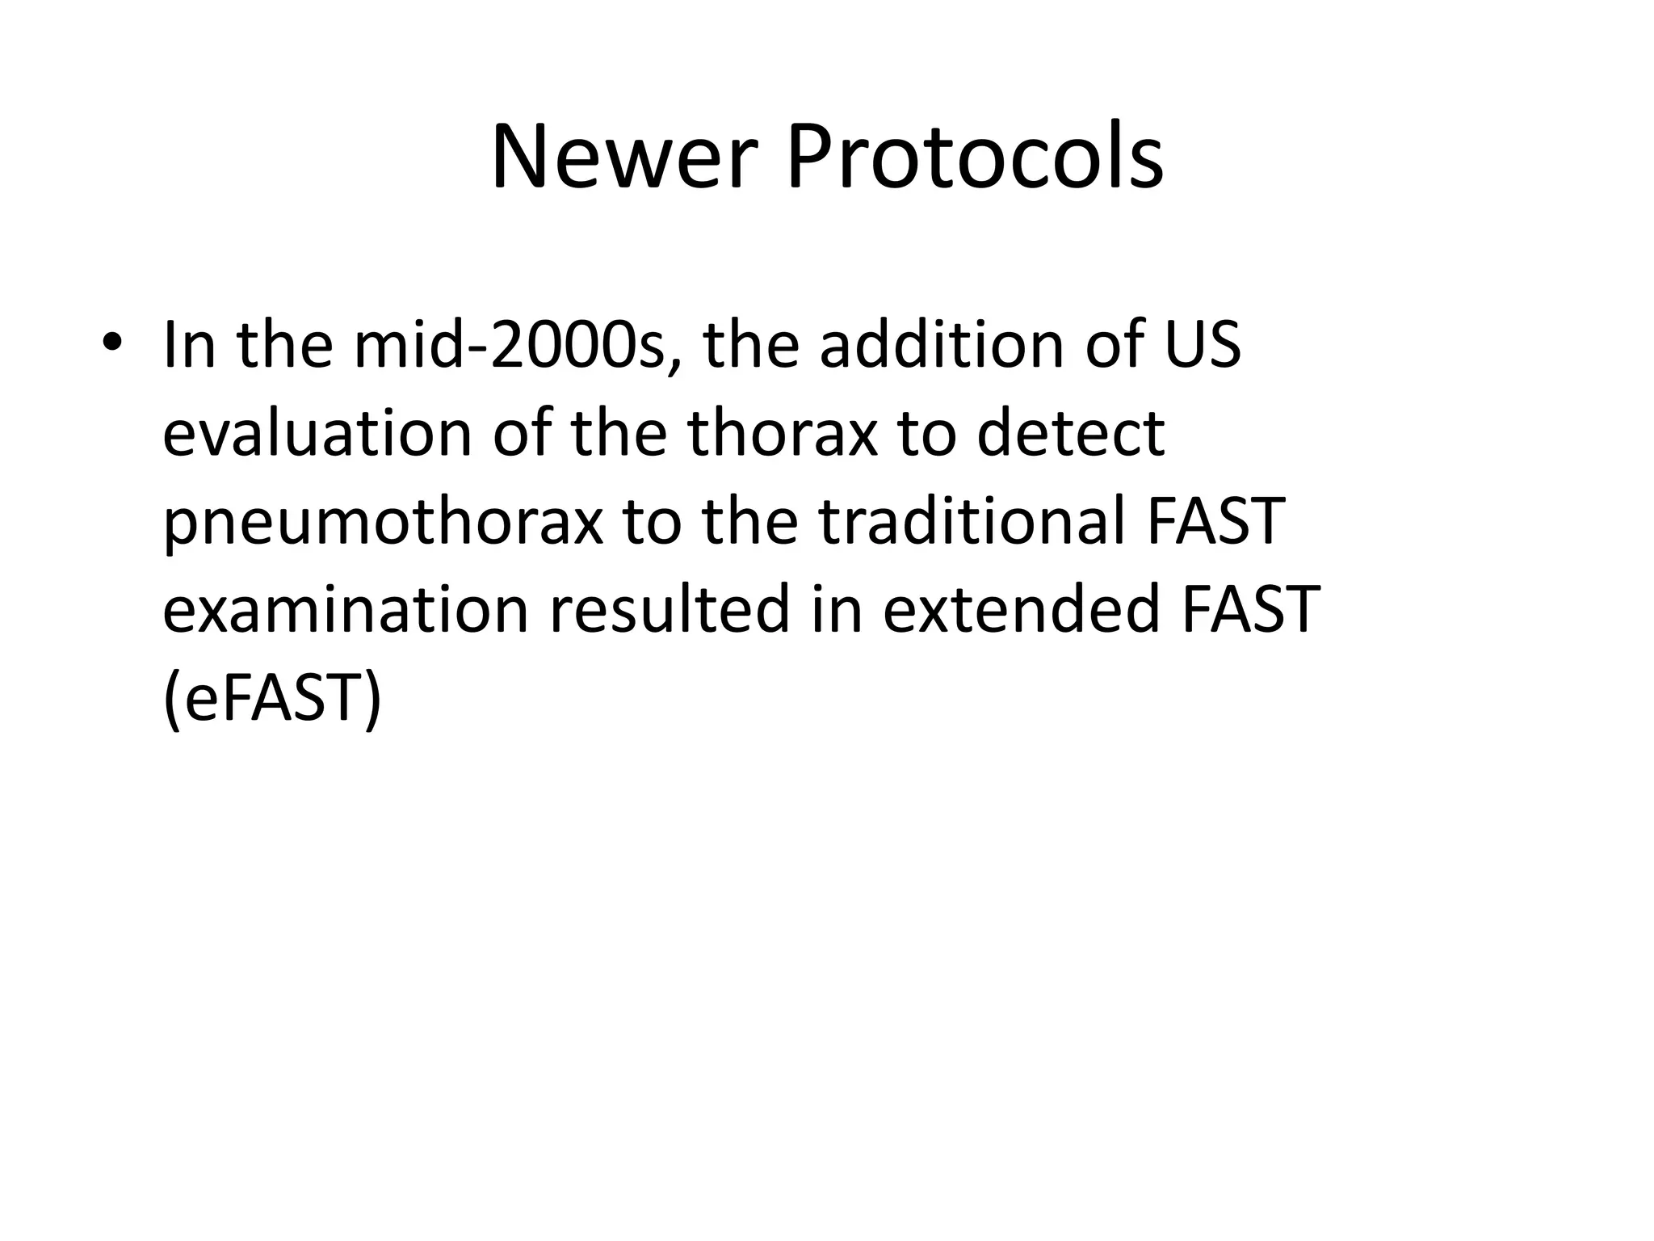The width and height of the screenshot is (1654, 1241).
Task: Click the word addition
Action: [941, 345]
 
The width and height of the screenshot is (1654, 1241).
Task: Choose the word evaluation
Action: [317, 433]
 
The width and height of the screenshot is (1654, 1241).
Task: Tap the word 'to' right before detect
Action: [926, 433]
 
